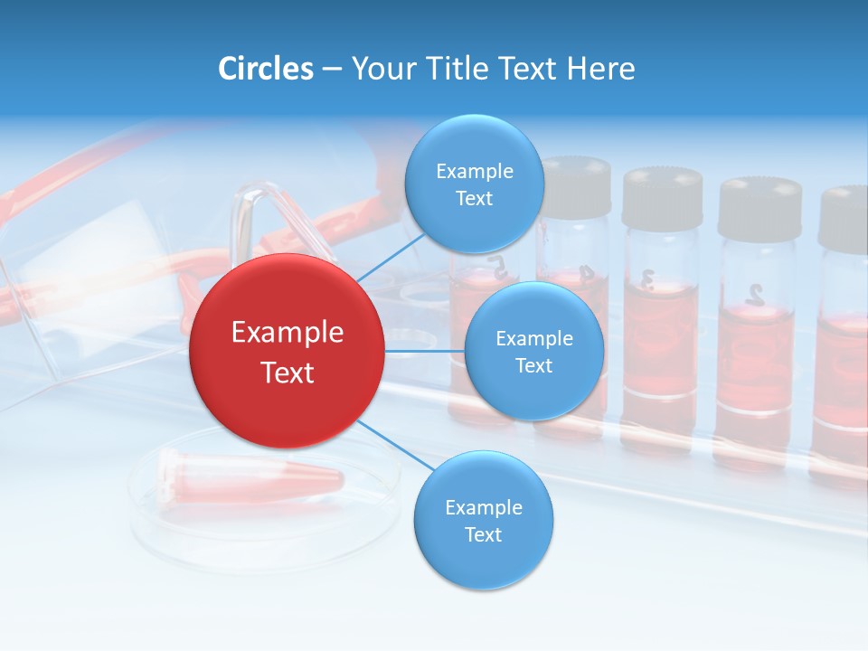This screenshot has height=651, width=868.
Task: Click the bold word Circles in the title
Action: (266, 69)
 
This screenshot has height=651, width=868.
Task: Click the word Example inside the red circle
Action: (287, 333)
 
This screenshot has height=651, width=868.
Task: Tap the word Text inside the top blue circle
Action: (474, 199)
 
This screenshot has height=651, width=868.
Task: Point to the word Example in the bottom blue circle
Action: (483, 507)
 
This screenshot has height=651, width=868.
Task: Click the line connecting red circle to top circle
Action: (391, 256)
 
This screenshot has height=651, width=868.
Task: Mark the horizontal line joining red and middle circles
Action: (424, 351)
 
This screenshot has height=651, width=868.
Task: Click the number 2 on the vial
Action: (756, 293)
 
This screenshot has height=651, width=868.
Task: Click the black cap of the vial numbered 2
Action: (759, 208)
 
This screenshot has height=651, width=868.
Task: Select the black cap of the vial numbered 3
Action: (662, 197)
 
